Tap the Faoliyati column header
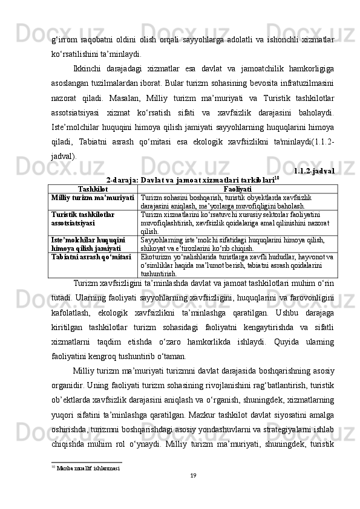coord(237,189)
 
